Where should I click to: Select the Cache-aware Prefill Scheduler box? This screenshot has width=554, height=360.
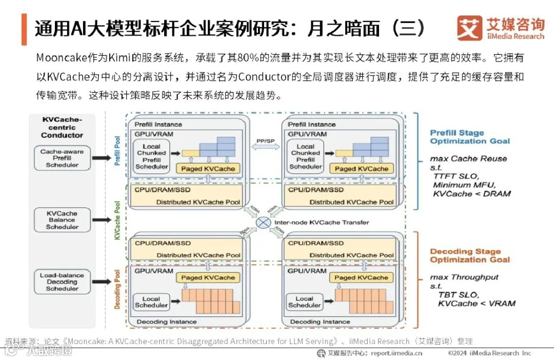coord(62,158)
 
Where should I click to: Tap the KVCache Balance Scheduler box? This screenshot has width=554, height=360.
coord(62,220)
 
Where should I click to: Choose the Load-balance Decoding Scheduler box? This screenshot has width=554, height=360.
coord(62,282)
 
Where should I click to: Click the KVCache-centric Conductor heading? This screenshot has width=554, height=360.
coord(62,127)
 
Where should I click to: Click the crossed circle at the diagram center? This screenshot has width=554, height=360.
coord(264,223)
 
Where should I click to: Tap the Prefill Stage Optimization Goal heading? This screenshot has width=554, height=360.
coord(470,137)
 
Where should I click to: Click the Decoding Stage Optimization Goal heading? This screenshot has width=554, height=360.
coord(470,255)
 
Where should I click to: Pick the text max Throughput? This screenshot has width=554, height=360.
coord(464,277)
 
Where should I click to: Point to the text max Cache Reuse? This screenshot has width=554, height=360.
coord(468,159)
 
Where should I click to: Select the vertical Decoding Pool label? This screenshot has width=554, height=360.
coord(117,289)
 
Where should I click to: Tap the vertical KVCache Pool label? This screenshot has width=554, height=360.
coord(117,221)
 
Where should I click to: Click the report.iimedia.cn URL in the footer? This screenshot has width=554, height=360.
coord(397,353)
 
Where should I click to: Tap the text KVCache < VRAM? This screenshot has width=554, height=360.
coord(477,304)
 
